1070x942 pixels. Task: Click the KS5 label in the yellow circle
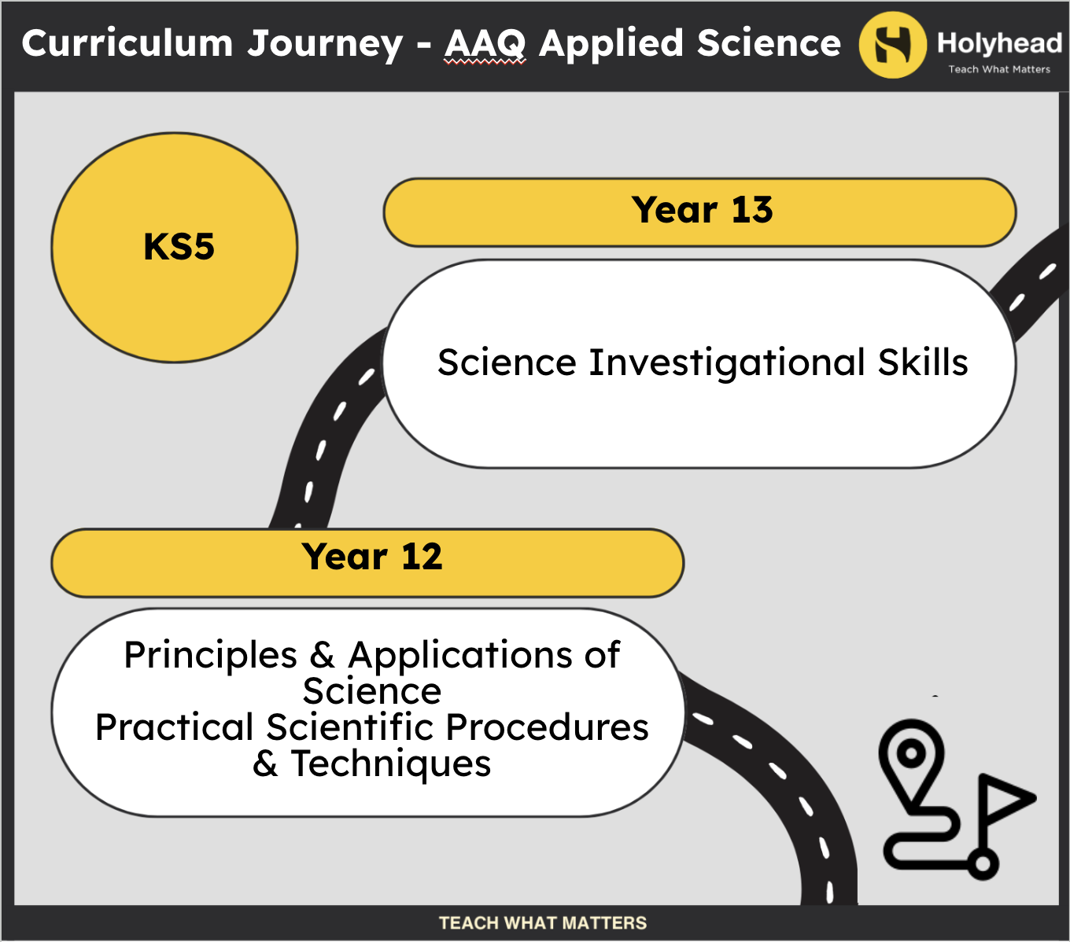click(x=179, y=247)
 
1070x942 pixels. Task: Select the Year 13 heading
click(x=702, y=210)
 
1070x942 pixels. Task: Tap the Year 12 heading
click(x=372, y=557)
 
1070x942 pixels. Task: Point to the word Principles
click(x=211, y=657)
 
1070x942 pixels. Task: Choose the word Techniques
click(x=391, y=764)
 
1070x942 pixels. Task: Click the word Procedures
click(x=547, y=727)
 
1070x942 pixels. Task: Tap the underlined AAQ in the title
click(x=485, y=44)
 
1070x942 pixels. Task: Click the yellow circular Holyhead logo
click(x=892, y=45)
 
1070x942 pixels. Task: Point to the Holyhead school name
click(x=999, y=42)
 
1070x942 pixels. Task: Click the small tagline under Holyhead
click(x=999, y=69)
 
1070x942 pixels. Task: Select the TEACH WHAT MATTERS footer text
click(x=542, y=923)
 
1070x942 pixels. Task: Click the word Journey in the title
click(x=325, y=44)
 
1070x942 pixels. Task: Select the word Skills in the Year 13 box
click(x=923, y=362)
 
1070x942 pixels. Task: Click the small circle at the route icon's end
click(x=982, y=864)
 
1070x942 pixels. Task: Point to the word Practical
click(x=175, y=727)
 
